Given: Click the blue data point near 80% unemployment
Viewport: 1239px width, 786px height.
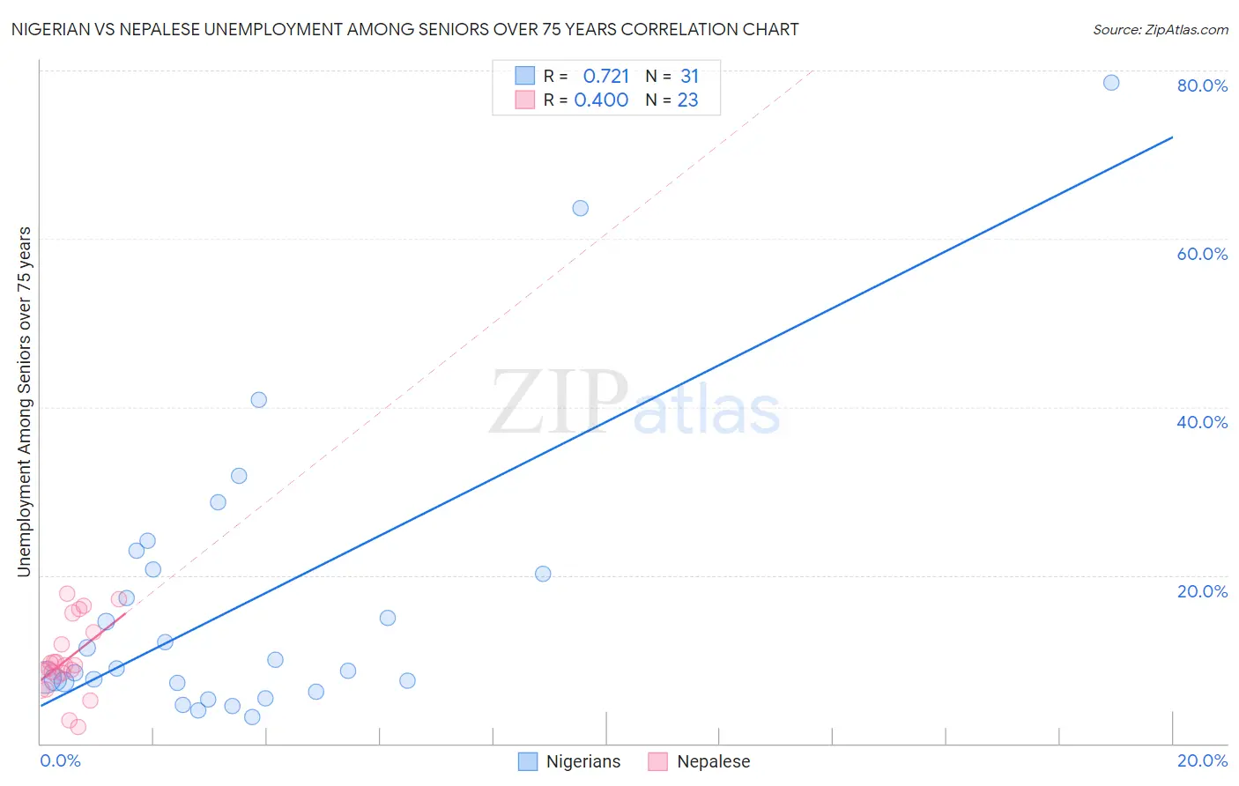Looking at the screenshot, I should [1111, 83].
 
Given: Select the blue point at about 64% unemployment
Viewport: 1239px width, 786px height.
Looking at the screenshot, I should [580, 208].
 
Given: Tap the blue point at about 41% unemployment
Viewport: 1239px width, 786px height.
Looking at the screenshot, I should [258, 399].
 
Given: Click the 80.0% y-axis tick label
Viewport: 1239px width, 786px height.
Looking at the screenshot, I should [1202, 85].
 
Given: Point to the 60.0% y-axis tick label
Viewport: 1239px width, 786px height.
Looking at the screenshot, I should [1202, 254].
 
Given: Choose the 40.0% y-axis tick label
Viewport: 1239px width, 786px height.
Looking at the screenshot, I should [1202, 422].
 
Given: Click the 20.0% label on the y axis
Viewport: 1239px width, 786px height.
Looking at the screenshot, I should [1202, 591].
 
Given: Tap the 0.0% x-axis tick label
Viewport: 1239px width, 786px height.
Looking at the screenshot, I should [60, 760].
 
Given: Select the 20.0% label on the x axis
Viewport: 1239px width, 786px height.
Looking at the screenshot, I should [1202, 760].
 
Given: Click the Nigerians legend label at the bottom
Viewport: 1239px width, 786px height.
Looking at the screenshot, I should [582, 761].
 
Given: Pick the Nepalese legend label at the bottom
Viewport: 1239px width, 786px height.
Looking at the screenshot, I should [713, 761].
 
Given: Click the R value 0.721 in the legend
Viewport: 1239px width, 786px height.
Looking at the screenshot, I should [606, 76].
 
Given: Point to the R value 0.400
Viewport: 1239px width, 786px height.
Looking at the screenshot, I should [601, 100].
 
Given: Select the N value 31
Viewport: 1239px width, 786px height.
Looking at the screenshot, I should [689, 76].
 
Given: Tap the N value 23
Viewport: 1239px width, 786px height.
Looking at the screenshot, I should [687, 100].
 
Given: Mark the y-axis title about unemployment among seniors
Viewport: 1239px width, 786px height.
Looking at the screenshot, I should [24, 402].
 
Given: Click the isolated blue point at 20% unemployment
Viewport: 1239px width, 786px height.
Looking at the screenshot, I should [543, 574].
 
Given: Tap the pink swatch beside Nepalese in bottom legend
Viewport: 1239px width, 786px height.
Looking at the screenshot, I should [657, 761].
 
